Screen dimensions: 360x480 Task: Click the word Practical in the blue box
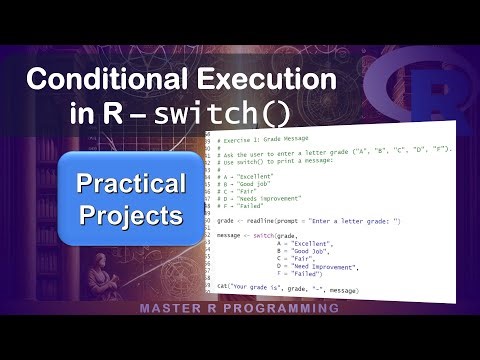coord(132,183)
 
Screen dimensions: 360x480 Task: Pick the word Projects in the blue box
coord(132,215)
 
